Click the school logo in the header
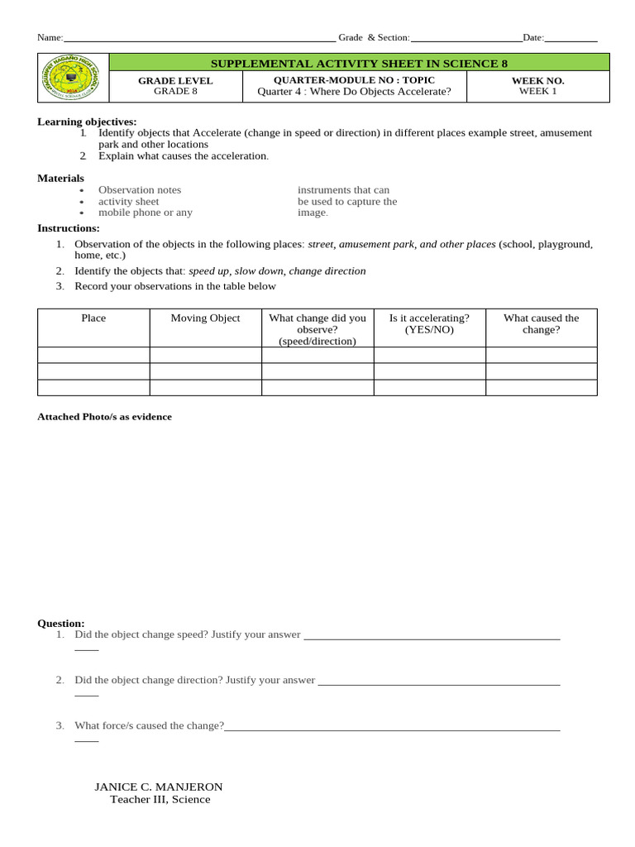pyautogui.click(x=74, y=78)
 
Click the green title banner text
pyautogui.click(x=359, y=63)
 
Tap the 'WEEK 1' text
pyautogui.click(x=537, y=92)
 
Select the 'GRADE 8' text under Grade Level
pyautogui.click(x=175, y=92)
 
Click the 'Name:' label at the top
pyautogui.click(x=50, y=37)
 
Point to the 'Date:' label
pyautogui.click(x=533, y=37)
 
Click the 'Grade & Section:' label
pyautogui.click(x=374, y=37)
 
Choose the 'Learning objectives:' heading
pyautogui.click(x=87, y=122)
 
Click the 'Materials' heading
pyautogui.click(x=60, y=178)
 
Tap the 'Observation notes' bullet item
pyautogui.click(x=139, y=190)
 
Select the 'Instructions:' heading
pyautogui.click(x=68, y=228)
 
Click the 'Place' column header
pyautogui.click(x=93, y=318)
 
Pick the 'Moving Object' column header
pyautogui.click(x=205, y=318)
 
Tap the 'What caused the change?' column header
pyautogui.click(x=541, y=323)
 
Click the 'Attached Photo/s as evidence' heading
pyautogui.click(x=104, y=417)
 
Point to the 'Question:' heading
pyautogui.click(x=61, y=623)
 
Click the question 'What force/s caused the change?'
pyautogui.click(x=149, y=725)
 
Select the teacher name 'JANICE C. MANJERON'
pyautogui.click(x=159, y=787)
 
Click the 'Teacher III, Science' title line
pyautogui.click(x=160, y=799)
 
